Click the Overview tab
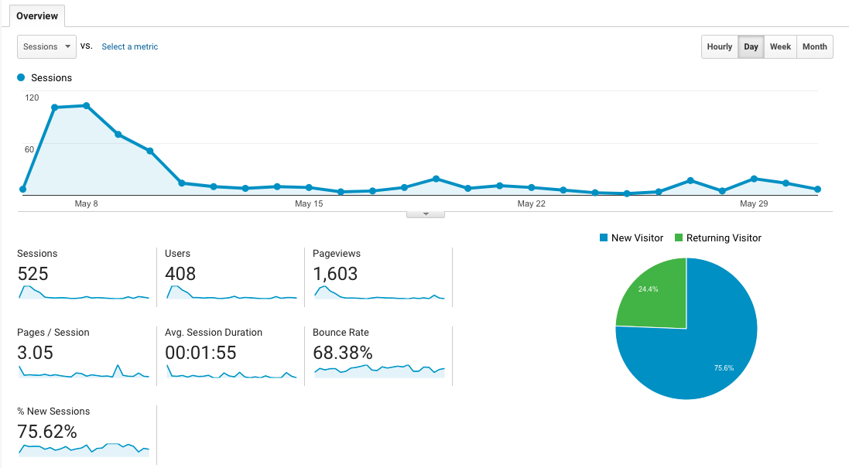pyautogui.click(x=37, y=15)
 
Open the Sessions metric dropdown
pyautogui.click(x=46, y=46)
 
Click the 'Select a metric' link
pyautogui.click(x=129, y=46)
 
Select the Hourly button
pyautogui.click(x=719, y=46)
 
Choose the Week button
pyautogui.click(x=780, y=46)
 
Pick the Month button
pyautogui.click(x=814, y=46)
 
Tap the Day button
pyautogui.click(x=751, y=46)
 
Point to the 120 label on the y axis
pyautogui.click(x=32, y=97)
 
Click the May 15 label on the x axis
pyautogui.click(x=308, y=203)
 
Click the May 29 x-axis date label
pyautogui.click(x=753, y=203)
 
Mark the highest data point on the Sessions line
pyautogui.click(x=86, y=105)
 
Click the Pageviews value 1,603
pyautogui.click(x=335, y=274)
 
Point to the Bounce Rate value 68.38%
pyautogui.click(x=343, y=353)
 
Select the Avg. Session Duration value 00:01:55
pyautogui.click(x=200, y=353)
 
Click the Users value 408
pyautogui.click(x=180, y=274)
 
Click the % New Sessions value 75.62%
pyautogui.click(x=47, y=432)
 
